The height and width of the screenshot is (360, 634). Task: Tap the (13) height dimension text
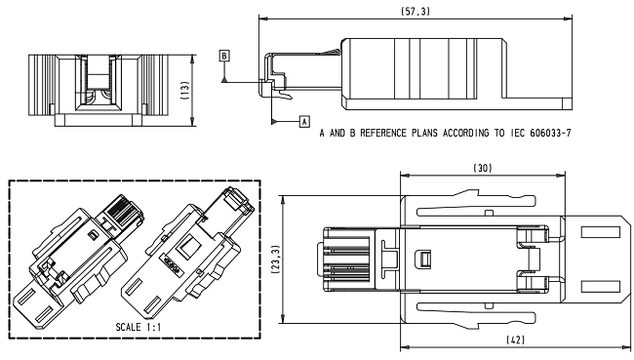coord(184,92)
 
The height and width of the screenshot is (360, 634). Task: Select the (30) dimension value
coord(483,168)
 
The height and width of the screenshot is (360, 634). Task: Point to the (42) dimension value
coord(516,340)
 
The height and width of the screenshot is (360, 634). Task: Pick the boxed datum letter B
coord(224,56)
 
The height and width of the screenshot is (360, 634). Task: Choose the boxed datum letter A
coord(304,121)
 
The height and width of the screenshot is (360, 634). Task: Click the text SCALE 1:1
coord(138,327)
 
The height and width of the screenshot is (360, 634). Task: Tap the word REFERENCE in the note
coord(384,133)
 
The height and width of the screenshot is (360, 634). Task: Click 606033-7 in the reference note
coord(550,133)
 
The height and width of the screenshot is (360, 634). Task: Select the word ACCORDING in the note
coord(465,133)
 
